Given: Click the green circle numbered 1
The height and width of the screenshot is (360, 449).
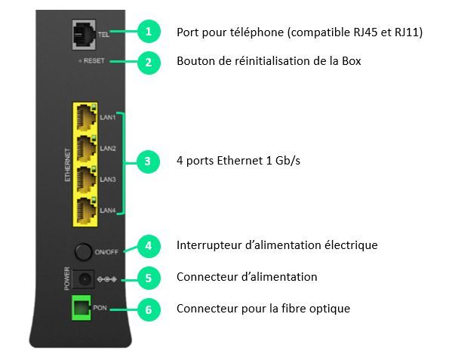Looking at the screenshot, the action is click(x=149, y=32).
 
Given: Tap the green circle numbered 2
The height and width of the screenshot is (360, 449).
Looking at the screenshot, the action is click(x=149, y=63).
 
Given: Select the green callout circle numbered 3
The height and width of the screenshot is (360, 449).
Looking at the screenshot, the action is click(x=148, y=162).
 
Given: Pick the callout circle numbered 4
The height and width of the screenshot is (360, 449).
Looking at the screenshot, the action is click(x=149, y=246).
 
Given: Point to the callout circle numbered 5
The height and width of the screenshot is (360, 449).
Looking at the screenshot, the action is click(x=149, y=278).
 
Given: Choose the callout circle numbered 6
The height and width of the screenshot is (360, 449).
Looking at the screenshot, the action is click(x=149, y=309).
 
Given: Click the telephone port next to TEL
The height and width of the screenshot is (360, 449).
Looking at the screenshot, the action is click(x=84, y=35).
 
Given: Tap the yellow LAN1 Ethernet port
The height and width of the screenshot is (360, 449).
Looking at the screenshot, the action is click(x=86, y=118).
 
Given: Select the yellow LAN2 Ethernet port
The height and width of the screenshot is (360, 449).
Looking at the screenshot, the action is click(x=86, y=149).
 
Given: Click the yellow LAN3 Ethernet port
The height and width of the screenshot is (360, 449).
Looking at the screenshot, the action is click(x=86, y=180).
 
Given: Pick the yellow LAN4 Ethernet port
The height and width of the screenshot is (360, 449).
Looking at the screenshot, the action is click(x=86, y=211).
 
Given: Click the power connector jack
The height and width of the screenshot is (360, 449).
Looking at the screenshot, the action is click(x=83, y=278).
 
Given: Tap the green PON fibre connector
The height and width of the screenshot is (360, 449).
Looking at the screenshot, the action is click(x=81, y=308).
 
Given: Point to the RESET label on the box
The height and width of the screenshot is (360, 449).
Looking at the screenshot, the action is click(x=94, y=60).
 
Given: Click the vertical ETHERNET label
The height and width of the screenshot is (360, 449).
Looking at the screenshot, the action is click(x=68, y=165).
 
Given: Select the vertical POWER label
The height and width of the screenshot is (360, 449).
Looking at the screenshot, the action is click(x=66, y=278).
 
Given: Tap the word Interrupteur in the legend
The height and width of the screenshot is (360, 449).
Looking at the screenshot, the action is click(x=209, y=245).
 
